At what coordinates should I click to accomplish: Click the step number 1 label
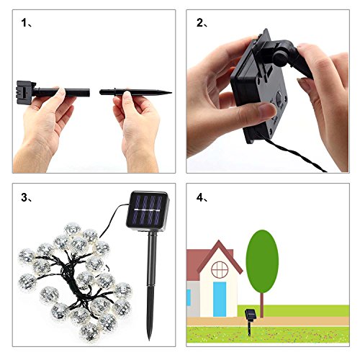pos(27,23)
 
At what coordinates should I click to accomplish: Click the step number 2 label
pos(202,23)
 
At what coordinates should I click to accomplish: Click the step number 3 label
pos(27,198)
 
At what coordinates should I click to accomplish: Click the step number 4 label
pos(202,198)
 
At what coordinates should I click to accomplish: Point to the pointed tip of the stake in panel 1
pos(171,92)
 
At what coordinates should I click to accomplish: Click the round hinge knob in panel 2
pos(280,58)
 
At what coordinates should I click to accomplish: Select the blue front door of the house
pos(220,299)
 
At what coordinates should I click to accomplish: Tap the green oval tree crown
pos(262,261)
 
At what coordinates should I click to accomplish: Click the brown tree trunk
pos(262,305)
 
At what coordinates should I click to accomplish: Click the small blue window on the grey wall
pos(189,297)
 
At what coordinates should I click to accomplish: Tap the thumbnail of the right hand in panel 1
pos(127,95)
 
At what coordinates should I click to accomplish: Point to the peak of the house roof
pos(219,240)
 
